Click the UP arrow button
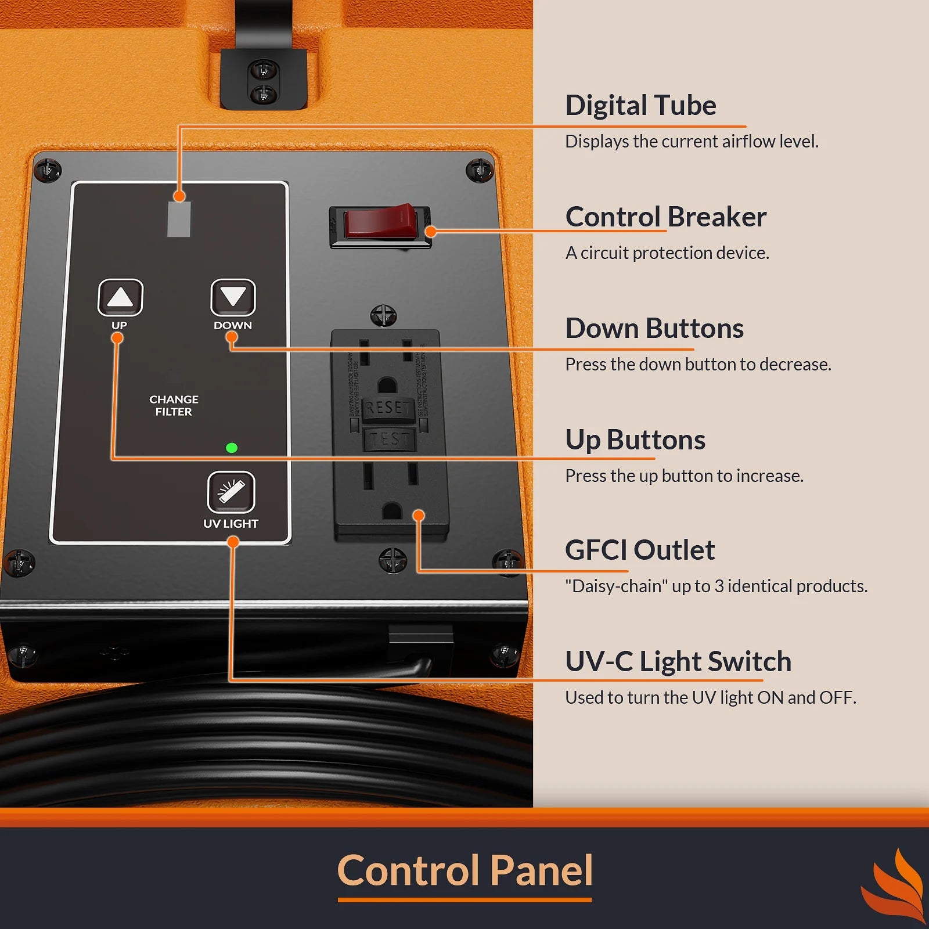click(120, 297)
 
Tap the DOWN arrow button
click(233, 297)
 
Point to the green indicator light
click(231, 448)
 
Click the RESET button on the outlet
click(388, 408)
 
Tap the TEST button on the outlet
click(389, 440)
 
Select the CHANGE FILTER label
click(174, 405)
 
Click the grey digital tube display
click(179, 219)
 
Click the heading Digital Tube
click(640, 105)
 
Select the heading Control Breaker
click(665, 217)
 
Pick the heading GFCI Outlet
click(639, 550)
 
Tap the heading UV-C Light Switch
click(678, 661)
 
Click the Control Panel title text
click(464, 870)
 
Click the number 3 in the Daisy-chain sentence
click(719, 586)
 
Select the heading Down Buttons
click(654, 328)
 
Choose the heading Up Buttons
click(635, 440)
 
